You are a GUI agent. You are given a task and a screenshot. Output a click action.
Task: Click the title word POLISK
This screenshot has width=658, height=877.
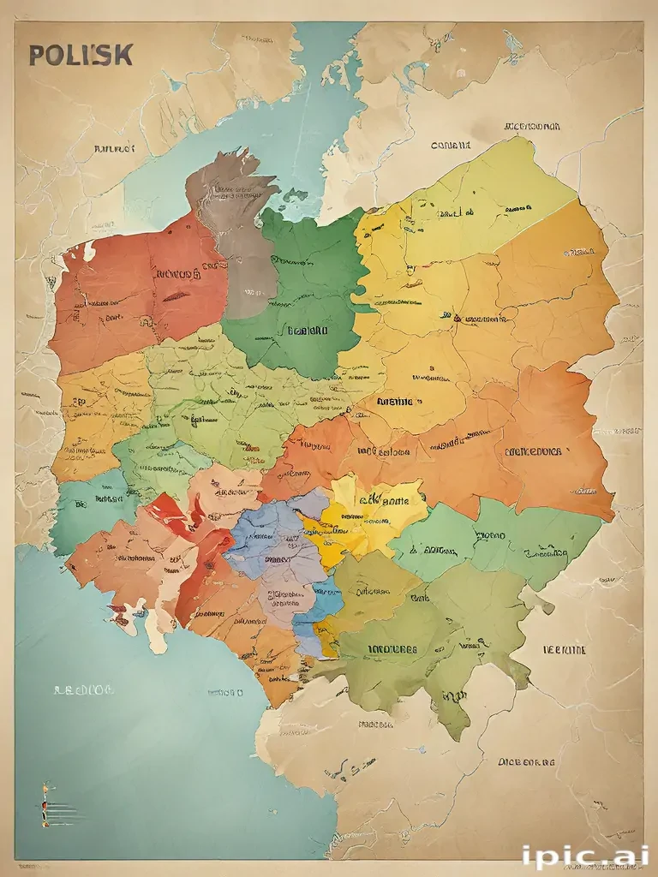81,55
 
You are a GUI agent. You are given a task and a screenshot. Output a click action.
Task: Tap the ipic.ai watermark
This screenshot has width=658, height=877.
584,856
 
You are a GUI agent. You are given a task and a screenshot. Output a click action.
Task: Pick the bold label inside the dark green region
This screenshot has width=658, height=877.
307,330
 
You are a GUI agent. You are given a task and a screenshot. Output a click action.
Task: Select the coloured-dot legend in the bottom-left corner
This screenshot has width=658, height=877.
47,805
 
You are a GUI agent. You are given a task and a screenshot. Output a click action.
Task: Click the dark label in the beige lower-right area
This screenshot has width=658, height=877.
526,761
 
